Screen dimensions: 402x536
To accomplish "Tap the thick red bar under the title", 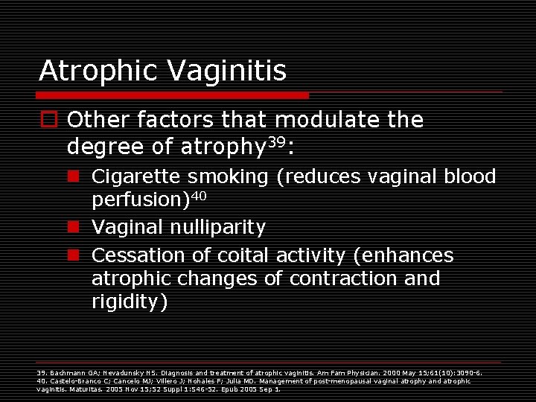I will [173, 95].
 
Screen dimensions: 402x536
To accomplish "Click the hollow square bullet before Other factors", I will [48, 120].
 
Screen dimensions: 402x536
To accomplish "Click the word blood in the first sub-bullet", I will [470, 177].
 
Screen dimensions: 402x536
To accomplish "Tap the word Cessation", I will [138, 256].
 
